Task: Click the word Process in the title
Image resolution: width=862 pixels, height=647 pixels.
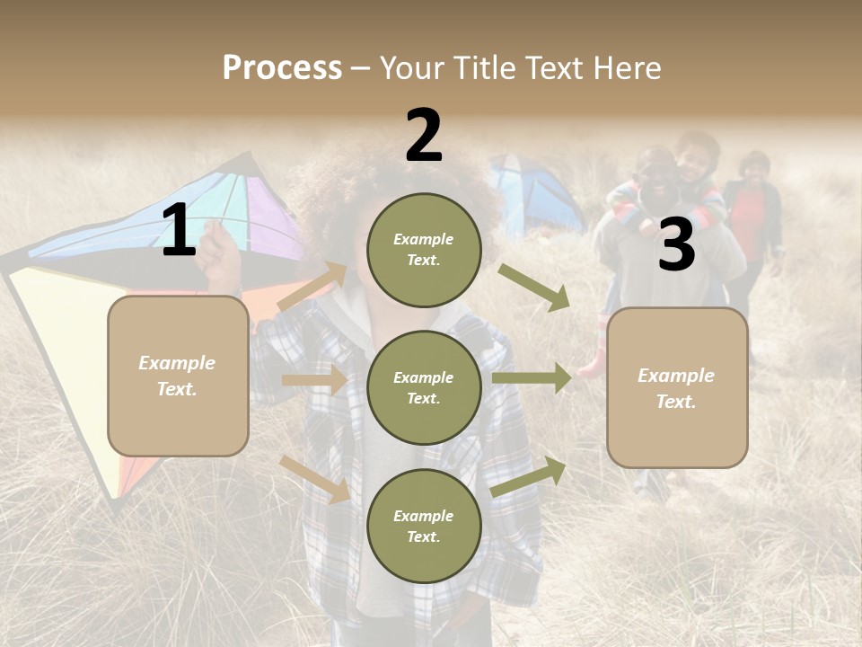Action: [x=282, y=67]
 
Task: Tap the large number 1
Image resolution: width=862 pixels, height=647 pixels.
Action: [x=179, y=230]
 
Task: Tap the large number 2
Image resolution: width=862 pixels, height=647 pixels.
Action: [x=424, y=135]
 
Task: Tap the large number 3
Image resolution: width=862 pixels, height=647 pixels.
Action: [x=676, y=244]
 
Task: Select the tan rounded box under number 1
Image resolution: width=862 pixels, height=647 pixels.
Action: [x=178, y=376]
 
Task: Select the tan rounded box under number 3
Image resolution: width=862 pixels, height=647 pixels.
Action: [x=677, y=387]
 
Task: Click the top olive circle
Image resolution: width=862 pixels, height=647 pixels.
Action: [x=424, y=250]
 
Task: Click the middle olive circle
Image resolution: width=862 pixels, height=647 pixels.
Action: [x=424, y=387]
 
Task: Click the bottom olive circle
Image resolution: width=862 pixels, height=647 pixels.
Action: [x=424, y=526]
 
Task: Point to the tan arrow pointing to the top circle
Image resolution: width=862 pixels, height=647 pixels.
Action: [x=313, y=287]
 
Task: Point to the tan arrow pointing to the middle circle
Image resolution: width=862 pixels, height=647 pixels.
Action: [x=314, y=380]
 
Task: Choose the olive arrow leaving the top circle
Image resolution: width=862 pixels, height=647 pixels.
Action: [x=535, y=288]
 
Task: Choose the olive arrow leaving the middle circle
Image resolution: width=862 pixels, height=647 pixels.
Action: [x=532, y=378]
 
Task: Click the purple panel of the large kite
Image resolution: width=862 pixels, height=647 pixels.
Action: [x=269, y=216]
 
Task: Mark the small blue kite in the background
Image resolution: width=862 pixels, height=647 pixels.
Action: [x=537, y=193]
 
